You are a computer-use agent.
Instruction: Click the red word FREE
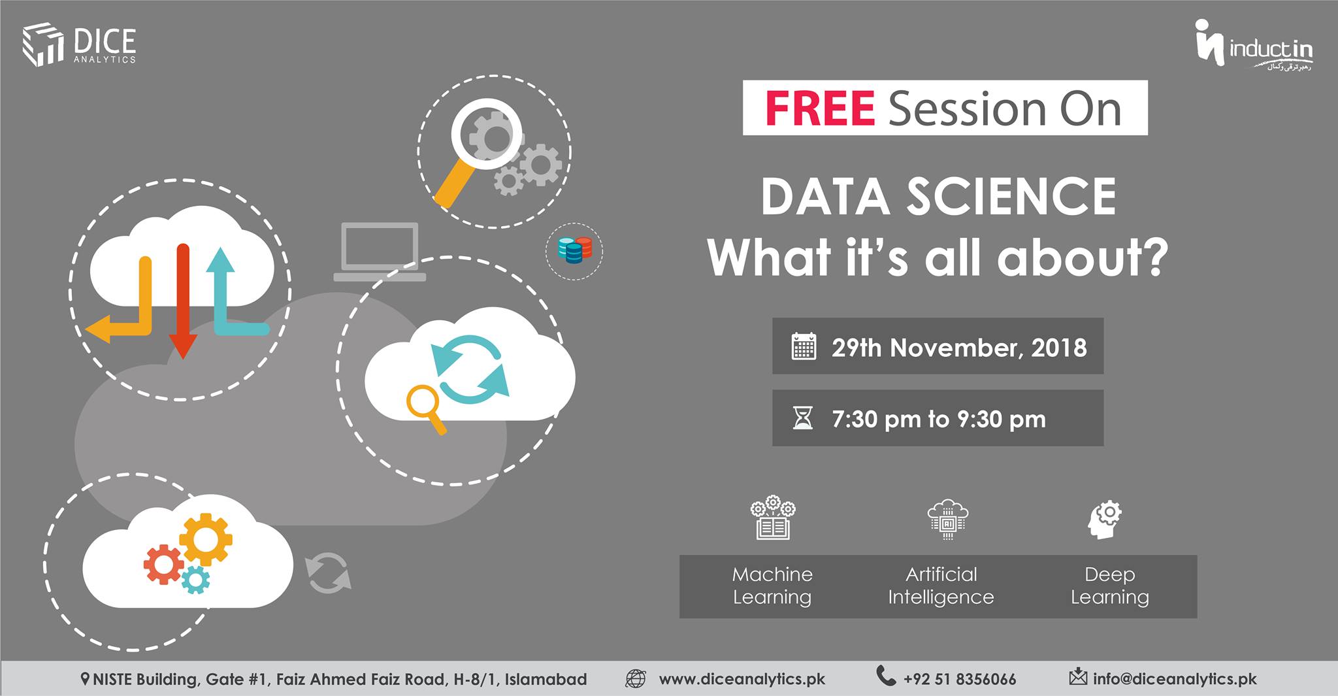[x=820, y=108]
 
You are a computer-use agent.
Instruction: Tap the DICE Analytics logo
[x=79, y=45]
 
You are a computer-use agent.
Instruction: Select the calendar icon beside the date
[x=804, y=346]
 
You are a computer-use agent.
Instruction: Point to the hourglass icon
[x=803, y=418]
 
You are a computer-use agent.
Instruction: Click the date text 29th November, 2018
[x=959, y=348]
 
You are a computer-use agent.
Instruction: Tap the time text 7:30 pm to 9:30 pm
[x=939, y=419]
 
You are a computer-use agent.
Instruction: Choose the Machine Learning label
[x=772, y=586]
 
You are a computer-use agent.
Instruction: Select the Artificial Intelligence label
[x=941, y=586]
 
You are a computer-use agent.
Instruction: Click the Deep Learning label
[x=1109, y=586]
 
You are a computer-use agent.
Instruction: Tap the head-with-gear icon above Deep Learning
[x=1104, y=520]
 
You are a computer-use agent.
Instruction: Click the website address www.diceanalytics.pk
[x=742, y=679]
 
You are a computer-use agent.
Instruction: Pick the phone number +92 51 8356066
[x=959, y=680]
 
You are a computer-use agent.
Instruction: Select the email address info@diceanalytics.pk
[x=1175, y=679]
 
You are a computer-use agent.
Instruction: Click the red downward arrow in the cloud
[x=183, y=301]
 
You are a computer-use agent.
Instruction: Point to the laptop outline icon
[x=380, y=252]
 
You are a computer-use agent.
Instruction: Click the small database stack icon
[x=574, y=250]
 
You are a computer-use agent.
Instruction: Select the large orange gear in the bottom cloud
[x=205, y=540]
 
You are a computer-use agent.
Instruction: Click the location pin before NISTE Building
[x=85, y=680]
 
